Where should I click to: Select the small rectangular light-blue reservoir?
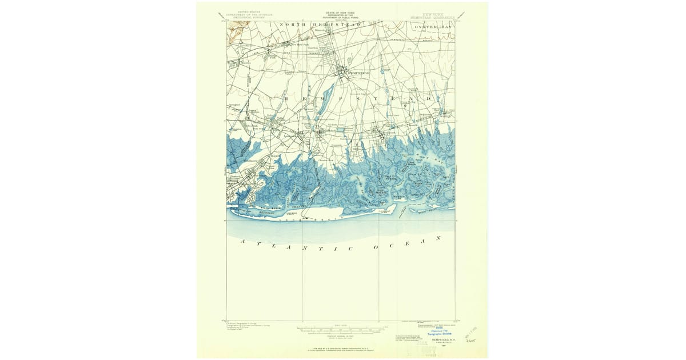point(341,130)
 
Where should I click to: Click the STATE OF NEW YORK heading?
point(342,12)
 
